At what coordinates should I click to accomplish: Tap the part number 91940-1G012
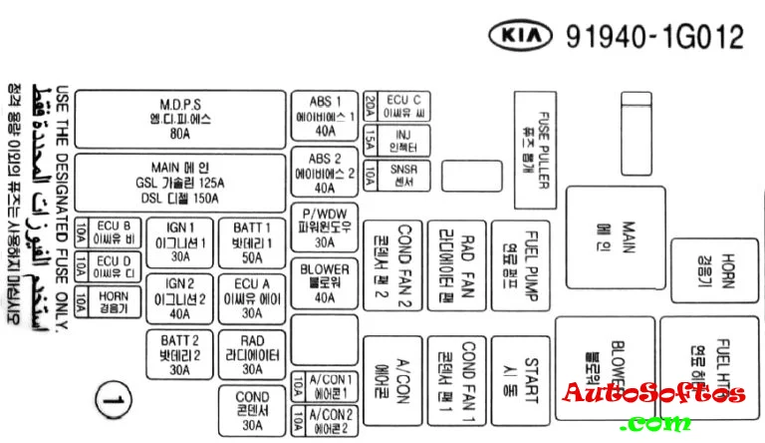tap(654, 38)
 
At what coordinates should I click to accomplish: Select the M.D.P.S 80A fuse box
tap(180, 120)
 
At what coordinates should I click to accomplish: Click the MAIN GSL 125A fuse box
tap(180, 183)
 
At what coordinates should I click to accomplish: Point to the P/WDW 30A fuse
tap(325, 227)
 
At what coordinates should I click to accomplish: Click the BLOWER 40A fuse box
tap(325, 283)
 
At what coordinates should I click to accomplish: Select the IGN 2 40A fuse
tap(180, 297)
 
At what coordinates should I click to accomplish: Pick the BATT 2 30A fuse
tap(180, 354)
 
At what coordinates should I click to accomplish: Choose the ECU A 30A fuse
tap(251, 297)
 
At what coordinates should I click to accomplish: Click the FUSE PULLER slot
tap(534, 150)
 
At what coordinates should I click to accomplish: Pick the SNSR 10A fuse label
tap(403, 177)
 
